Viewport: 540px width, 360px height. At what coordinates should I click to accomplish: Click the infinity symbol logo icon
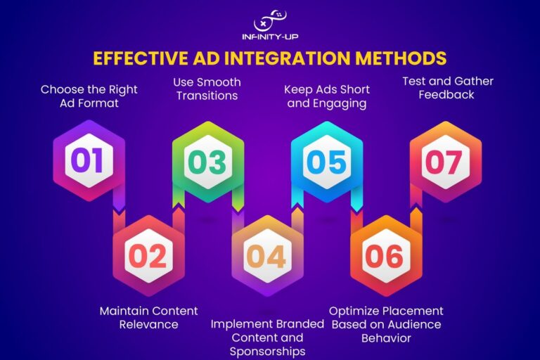(270, 20)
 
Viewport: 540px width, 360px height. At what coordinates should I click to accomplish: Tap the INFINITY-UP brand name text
(270, 37)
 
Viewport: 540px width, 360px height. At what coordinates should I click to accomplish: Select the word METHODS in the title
(401, 58)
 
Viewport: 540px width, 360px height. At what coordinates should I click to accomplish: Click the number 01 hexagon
(89, 160)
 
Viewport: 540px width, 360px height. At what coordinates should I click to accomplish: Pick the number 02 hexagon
(149, 256)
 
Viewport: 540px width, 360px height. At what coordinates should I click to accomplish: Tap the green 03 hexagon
(208, 162)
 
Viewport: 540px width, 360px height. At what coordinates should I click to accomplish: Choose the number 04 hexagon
(268, 256)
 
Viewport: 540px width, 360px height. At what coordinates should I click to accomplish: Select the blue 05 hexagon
(327, 162)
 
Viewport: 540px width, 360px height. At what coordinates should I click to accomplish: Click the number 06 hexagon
(387, 256)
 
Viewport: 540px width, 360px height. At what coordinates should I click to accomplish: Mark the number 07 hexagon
(446, 162)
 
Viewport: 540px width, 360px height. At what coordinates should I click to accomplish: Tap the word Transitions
(207, 96)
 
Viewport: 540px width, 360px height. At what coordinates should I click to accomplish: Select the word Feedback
(446, 95)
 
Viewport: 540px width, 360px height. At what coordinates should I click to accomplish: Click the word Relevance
(149, 325)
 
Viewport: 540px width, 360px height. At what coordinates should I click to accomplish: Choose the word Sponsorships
(268, 352)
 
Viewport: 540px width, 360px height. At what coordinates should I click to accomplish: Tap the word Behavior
(386, 338)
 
